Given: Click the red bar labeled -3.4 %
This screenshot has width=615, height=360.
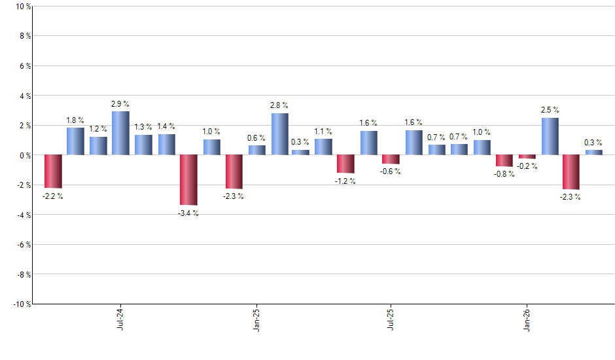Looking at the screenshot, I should pos(189,180).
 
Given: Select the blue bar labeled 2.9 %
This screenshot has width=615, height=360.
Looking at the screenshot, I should pos(120,134).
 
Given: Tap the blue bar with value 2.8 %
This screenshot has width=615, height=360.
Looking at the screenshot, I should pos(280,134).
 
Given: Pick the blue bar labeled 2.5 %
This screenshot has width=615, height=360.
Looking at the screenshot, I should pos(550,137).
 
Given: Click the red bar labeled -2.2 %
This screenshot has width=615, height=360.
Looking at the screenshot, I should pos(53,171).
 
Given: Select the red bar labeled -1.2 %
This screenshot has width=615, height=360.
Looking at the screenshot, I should pos(345,164).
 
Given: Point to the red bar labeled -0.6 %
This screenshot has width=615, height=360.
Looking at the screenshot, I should pos(391,160).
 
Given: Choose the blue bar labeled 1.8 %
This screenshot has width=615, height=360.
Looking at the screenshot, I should pos(75,141).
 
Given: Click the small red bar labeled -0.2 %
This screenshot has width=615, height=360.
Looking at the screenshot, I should pos(527,157).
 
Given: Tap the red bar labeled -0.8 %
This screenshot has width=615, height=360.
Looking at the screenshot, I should pos(504,161).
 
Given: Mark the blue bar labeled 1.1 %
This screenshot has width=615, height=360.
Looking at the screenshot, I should pos(323,147).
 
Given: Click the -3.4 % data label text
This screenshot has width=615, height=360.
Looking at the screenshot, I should pos(188,213).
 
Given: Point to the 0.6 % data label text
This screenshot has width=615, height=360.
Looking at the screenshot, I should pos(256,138).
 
